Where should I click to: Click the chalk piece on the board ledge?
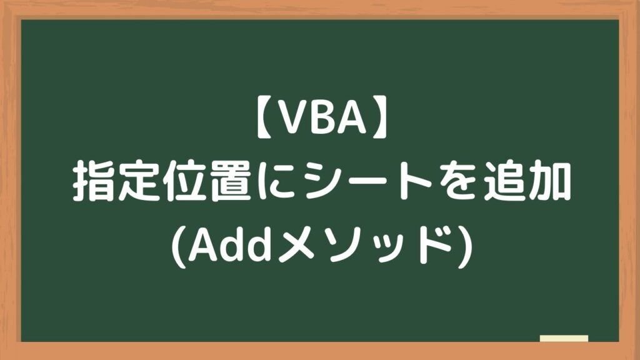coord(564,339)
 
